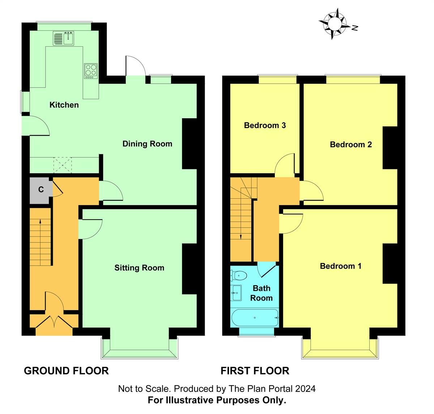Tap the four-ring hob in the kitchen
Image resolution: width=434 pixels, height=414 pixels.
(91, 71)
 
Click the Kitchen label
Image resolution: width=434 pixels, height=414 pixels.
(64, 105)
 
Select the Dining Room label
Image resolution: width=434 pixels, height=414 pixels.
(147, 144)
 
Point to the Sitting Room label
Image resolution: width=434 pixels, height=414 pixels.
(139, 268)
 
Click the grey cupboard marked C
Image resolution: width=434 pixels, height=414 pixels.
(41, 189)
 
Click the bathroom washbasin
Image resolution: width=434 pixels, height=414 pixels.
(236, 292)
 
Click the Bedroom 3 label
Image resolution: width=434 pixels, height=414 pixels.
(265, 125)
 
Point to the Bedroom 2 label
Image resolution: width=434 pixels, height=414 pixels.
(351, 144)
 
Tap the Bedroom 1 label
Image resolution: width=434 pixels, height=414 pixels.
(340, 266)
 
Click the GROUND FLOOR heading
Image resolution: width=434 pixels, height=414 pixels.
(66, 371)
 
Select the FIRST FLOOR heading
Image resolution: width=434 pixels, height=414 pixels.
(255, 371)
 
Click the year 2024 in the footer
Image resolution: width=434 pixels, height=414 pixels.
(305, 389)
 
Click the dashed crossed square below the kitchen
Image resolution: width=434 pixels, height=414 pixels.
(63, 165)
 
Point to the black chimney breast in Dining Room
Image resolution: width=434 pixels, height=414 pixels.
(189, 144)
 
